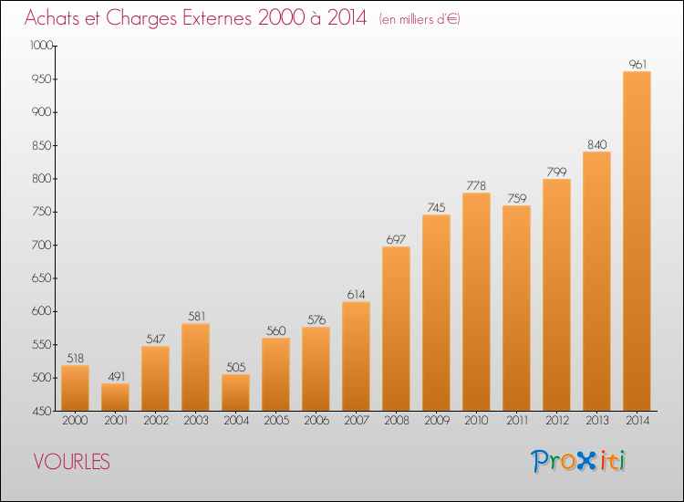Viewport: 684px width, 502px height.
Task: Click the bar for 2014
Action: click(x=637, y=241)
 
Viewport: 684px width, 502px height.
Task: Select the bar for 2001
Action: click(x=115, y=397)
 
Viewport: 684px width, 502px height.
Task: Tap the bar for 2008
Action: click(x=396, y=329)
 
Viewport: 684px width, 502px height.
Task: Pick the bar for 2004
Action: click(x=235, y=392)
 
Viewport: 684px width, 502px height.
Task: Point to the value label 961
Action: click(x=637, y=65)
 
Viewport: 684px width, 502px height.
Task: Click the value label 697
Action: click(x=396, y=240)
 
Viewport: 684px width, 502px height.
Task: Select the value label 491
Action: click(x=116, y=376)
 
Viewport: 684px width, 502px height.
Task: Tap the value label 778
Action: click(x=476, y=186)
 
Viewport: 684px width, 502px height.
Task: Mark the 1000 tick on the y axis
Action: click(x=55, y=46)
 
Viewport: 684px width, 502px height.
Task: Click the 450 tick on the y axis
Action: click(x=55, y=411)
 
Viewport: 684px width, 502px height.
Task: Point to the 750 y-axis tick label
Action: click(x=41, y=212)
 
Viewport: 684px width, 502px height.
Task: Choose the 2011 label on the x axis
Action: click(x=517, y=421)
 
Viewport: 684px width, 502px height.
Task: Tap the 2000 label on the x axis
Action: click(x=75, y=421)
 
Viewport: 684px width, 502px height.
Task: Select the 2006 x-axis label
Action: click(x=316, y=421)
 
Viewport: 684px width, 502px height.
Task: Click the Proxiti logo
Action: click(x=578, y=461)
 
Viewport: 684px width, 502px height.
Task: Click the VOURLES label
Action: click(x=71, y=462)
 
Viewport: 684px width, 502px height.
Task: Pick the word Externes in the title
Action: click(x=217, y=18)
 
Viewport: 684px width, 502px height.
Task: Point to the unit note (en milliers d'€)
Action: click(x=420, y=19)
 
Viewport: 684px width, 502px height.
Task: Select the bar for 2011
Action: click(x=516, y=309)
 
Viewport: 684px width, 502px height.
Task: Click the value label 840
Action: click(x=596, y=145)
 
